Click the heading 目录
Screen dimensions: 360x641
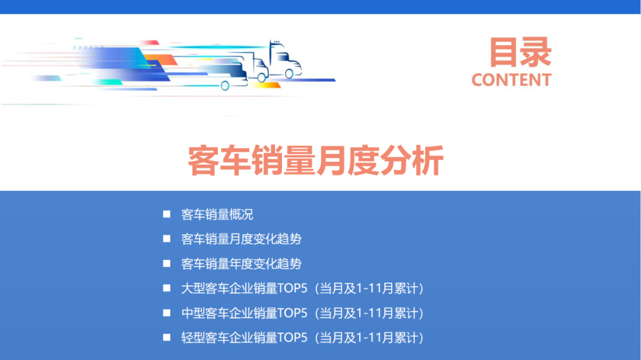click(520, 53)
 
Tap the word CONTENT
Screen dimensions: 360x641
click(511, 80)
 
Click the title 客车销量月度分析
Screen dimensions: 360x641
click(316, 160)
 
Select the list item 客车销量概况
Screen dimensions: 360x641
click(217, 214)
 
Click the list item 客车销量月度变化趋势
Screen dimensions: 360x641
click(241, 239)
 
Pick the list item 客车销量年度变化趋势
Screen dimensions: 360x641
click(241, 264)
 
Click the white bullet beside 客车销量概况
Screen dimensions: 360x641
click(167, 214)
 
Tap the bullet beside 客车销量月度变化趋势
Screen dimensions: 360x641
click(167, 239)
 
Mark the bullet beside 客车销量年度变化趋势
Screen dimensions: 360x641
click(167, 264)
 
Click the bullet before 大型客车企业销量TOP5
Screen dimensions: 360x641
click(167, 288)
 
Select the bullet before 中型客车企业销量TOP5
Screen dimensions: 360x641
click(167, 313)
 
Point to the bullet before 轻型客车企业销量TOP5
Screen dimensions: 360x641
click(167, 337)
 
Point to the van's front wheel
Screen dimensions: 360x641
click(225, 85)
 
